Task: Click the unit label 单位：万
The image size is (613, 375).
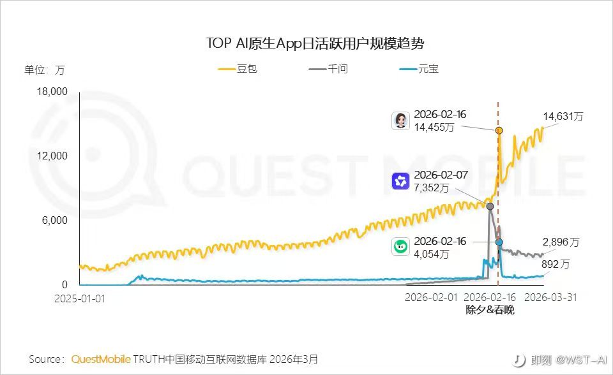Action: click(44, 70)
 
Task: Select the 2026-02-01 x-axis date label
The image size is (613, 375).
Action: click(432, 297)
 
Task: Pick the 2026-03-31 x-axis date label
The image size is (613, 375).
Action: click(550, 297)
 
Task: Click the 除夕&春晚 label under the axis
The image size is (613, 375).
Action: click(490, 310)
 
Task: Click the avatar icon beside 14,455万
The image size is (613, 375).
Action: click(400, 121)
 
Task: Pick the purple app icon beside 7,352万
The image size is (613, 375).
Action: click(400, 181)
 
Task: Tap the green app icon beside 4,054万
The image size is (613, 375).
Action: click(400, 247)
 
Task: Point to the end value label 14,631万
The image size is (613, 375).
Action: click(563, 117)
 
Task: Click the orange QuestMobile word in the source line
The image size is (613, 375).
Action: click(101, 359)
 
